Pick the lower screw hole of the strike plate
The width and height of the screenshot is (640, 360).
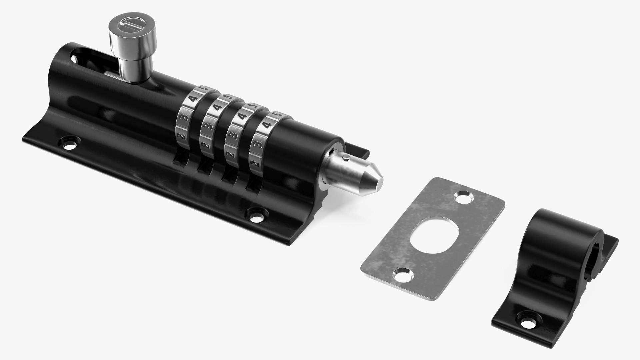click(x=402, y=265)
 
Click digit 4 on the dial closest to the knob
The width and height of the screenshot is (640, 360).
click(x=192, y=99)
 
